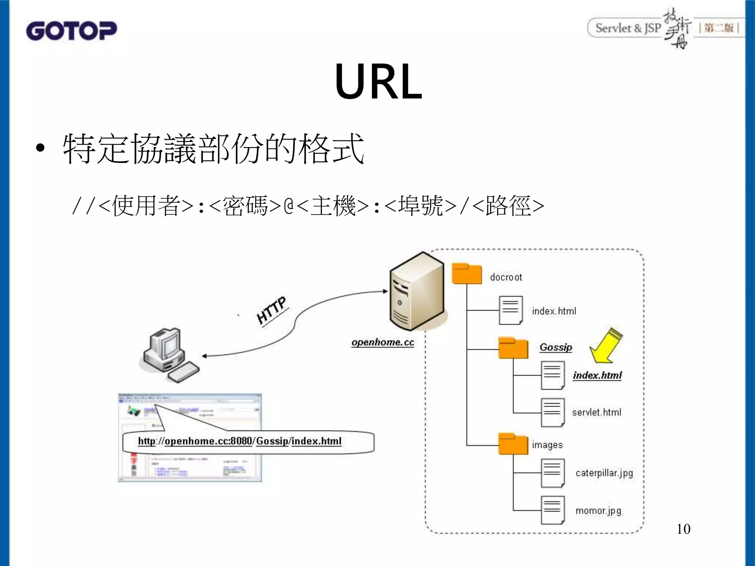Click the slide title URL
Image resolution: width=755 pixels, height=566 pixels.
(x=378, y=81)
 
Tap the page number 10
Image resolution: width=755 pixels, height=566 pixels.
(x=683, y=529)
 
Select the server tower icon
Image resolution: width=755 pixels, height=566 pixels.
(x=417, y=291)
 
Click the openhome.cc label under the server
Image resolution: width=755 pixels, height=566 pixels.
(x=383, y=342)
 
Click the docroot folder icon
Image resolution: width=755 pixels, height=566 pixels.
(x=467, y=274)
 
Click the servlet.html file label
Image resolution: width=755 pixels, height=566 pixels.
(x=596, y=412)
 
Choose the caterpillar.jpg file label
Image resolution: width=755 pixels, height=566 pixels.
(x=604, y=473)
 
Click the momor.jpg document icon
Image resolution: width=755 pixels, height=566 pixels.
(x=552, y=510)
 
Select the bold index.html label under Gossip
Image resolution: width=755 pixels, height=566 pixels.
(x=597, y=375)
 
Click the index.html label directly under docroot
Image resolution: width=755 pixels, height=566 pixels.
(x=553, y=311)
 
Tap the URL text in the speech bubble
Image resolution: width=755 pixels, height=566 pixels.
(x=240, y=441)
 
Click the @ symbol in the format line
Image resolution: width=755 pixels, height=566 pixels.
(x=289, y=206)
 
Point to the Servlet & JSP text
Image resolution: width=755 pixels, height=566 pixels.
(x=628, y=28)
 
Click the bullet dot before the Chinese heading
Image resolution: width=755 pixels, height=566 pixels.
(x=40, y=149)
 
